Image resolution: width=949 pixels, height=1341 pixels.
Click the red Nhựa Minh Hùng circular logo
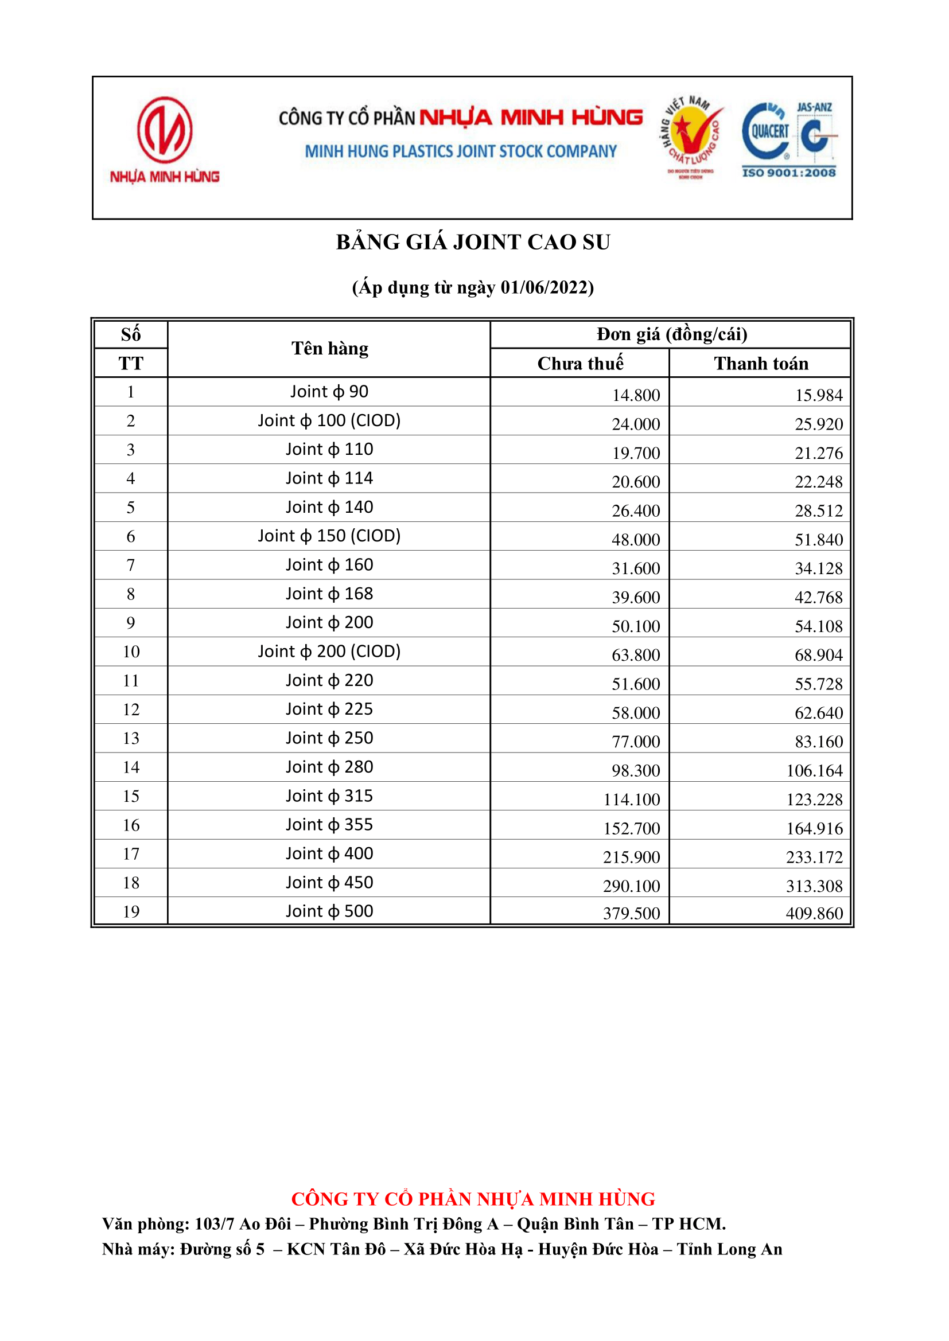[165, 130]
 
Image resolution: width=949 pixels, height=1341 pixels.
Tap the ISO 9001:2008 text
[788, 172]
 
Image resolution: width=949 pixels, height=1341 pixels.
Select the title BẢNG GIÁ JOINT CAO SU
[473, 243]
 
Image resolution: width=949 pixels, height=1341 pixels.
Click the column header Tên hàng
[329, 349]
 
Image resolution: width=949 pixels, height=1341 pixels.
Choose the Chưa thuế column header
[579, 363]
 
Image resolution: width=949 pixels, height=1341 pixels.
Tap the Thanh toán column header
[761, 363]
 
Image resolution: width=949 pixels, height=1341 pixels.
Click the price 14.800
[636, 395]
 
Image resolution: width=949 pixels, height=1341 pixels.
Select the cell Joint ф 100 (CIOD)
[329, 420]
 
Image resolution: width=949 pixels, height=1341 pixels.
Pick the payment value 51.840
[818, 540]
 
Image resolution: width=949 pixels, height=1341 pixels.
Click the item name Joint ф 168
[329, 594]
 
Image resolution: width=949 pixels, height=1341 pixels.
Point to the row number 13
[131, 739]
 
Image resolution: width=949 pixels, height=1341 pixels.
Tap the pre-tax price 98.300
[636, 771]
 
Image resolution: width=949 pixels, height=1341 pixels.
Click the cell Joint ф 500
[329, 912]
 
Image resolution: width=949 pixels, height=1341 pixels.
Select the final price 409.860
[814, 914]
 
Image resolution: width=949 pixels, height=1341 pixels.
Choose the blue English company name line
[461, 151]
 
